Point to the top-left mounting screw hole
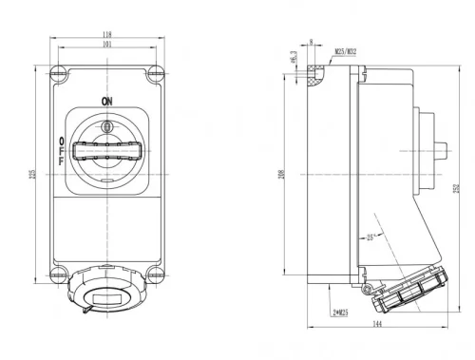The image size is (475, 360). tap(58, 72)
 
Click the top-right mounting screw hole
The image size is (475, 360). tap(155, 72)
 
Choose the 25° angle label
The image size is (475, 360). tap(368, 237)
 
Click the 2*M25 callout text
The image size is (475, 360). tap(339, 311)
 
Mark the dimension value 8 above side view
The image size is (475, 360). tap(311, 41)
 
